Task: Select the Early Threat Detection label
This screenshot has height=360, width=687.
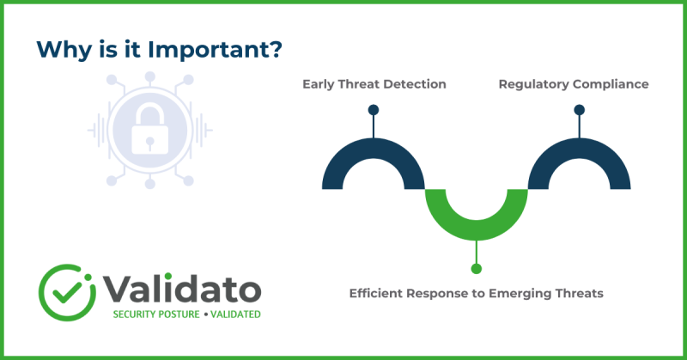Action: (374, 84)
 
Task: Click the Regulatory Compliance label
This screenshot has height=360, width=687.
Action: (573, 84)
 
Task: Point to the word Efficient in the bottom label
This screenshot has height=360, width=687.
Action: (380, 293)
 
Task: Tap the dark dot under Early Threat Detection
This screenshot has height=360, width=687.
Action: (374, 110)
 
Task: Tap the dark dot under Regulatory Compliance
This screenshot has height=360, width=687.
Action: (579, 110)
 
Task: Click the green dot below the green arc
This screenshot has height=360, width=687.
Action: (477, 268)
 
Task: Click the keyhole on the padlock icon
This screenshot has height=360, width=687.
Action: (150, 138)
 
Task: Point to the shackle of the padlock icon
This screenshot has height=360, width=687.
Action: (150, 108)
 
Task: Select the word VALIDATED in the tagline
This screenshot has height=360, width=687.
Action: (233, 314)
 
